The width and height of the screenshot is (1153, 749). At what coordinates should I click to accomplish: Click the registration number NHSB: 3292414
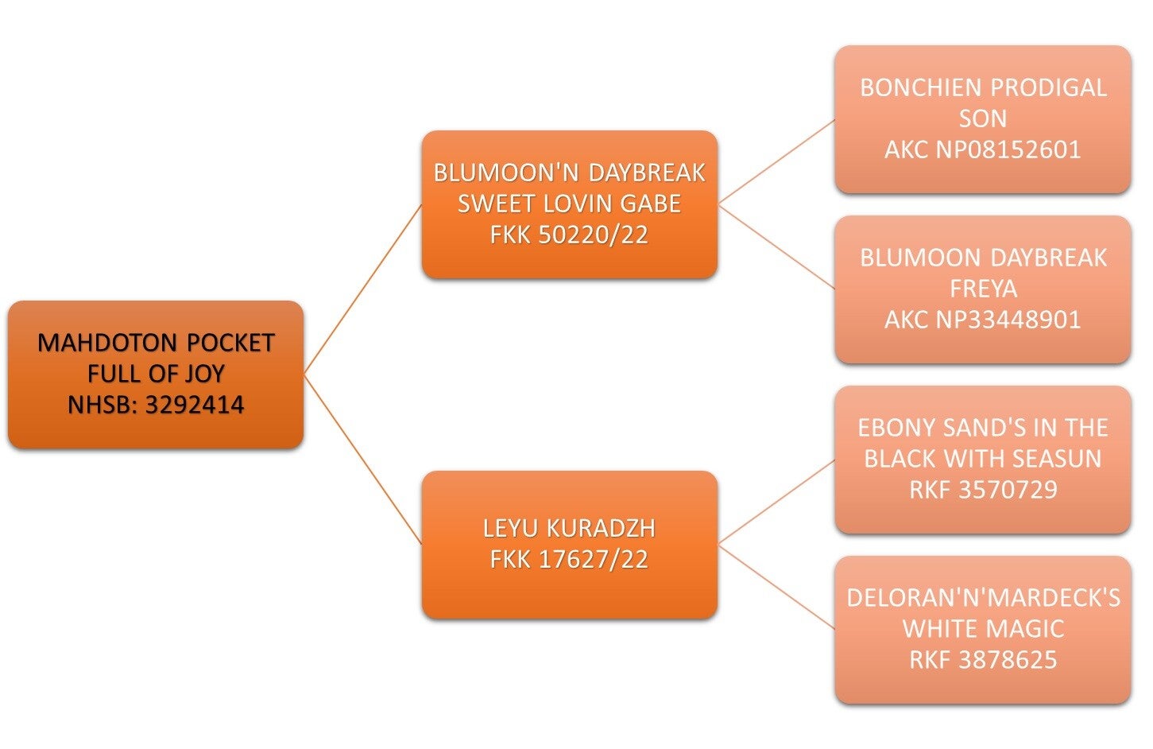pyautogui.click(x=156, y=405)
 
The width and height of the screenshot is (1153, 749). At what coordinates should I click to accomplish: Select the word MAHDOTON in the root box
pyautogui.click(x=107, y=343)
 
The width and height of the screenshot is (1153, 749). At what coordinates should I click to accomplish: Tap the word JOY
pyautogui.click(x=205, y=374)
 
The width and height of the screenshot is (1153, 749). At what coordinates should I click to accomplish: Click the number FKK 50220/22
pyautogui.click(x=569, y=235)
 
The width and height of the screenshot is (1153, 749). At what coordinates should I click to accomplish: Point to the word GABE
pyautogui.click(x=651, y=204)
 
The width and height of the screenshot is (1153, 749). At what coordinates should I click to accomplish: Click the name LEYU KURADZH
pyautogui.click(x=569, y=529)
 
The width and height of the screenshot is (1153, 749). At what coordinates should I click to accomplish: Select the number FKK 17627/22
pyautogui.click(x=569, y=560)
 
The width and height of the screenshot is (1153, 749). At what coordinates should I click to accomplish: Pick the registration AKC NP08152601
pyautogui.click(x=983, y=149)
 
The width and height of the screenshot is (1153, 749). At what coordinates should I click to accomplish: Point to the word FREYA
pyautogui.click(x=983, y=289)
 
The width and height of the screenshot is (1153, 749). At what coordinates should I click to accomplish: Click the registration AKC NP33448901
pyautogui.click(x=983, y=320)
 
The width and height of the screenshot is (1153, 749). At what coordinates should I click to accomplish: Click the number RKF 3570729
pyautogui.click(x=983, y=489)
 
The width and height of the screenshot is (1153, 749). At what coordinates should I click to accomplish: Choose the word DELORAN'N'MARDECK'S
pyautogui.click(x=983, y=598)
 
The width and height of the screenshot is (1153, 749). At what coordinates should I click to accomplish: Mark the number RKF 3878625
pyautogui.click(x=983, y=659)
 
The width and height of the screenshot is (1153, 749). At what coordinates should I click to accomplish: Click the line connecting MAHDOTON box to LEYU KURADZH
pyautogui.click(x=363, y=459)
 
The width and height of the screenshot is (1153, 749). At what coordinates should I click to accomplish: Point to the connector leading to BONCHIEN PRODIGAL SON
pyautogui.click(x=776, y=161)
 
